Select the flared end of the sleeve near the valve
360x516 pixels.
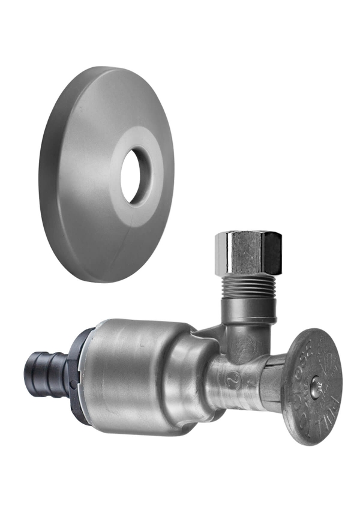coord(192,372)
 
